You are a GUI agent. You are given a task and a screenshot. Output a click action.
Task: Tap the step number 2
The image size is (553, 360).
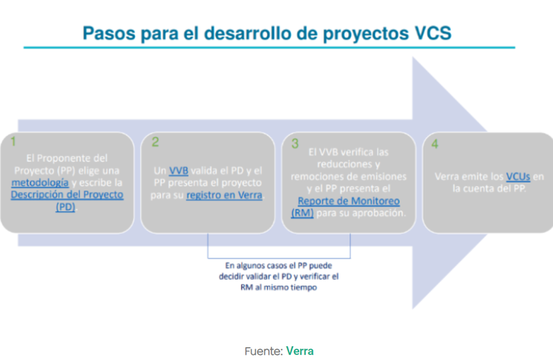155,141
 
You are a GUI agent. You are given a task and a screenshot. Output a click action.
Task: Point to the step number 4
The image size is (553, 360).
435,141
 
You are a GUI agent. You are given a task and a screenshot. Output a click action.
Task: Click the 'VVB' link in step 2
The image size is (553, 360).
180,171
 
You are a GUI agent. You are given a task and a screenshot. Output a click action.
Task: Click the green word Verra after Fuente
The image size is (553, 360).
299,350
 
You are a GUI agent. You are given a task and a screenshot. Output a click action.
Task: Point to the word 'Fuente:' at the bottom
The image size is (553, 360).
263,350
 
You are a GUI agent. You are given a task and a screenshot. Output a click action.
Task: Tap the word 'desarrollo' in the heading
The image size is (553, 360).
255,33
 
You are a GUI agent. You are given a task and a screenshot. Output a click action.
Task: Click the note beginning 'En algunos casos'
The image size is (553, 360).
280,277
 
